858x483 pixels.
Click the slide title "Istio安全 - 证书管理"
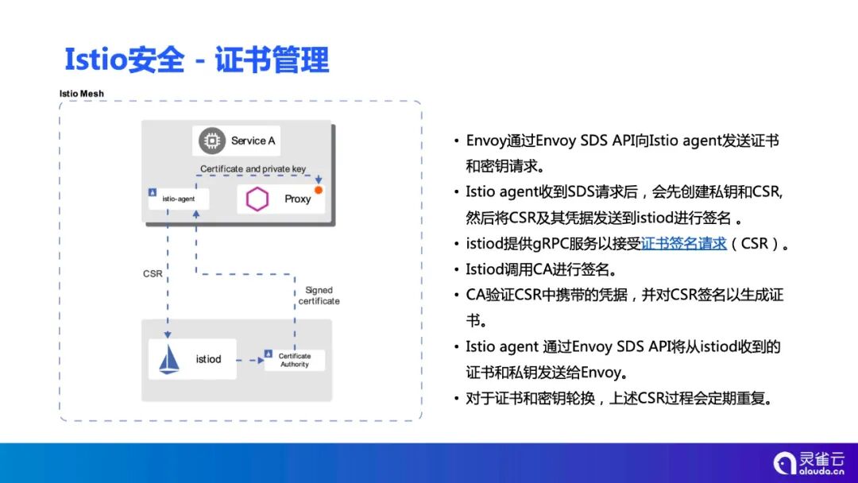pos(196,60)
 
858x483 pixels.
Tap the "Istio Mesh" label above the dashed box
pos(82,94)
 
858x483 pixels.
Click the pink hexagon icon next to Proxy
pos(257,199)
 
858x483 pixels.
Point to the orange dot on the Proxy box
pos(318,191)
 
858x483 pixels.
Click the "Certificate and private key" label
pos(253,168)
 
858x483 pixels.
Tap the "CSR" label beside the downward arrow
pos(153,273)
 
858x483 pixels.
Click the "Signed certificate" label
pos(319,296)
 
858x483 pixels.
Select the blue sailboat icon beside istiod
pos(169,359)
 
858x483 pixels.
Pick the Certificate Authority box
pos(295,360)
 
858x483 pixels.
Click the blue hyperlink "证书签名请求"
pos(684,244)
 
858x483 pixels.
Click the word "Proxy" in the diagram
pos(297,199)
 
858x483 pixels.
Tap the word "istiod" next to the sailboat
pos(208,359)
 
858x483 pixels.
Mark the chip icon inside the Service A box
pos(211,141)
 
